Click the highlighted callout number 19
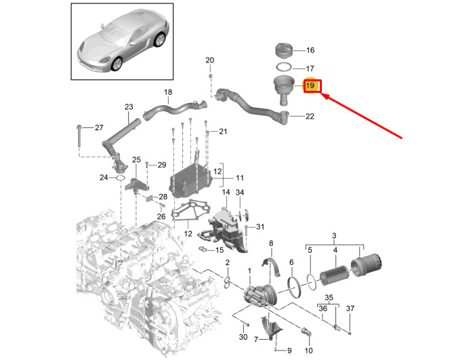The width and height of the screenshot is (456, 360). [310, 85]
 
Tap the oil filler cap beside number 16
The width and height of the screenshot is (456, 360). [284, 51]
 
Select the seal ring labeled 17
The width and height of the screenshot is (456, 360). [284, 67]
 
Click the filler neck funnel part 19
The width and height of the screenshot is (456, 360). [284, 89]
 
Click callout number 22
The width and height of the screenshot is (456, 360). [310, 117]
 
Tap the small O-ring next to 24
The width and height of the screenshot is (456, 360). [120, 178]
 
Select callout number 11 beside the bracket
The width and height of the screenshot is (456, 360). [240, 178]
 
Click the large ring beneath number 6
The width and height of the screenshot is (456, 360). [294, 287]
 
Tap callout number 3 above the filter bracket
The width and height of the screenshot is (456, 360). [334, 235]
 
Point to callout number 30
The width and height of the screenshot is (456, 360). [243, 337]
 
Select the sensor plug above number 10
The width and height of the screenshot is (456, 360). [305, 332]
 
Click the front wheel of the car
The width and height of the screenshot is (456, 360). [117, 64]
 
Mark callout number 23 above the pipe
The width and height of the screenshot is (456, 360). [129, 107]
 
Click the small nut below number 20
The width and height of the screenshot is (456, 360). [210, 76]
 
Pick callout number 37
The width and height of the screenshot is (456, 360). [350, 308]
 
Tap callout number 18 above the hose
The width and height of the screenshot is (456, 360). [168, 92]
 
